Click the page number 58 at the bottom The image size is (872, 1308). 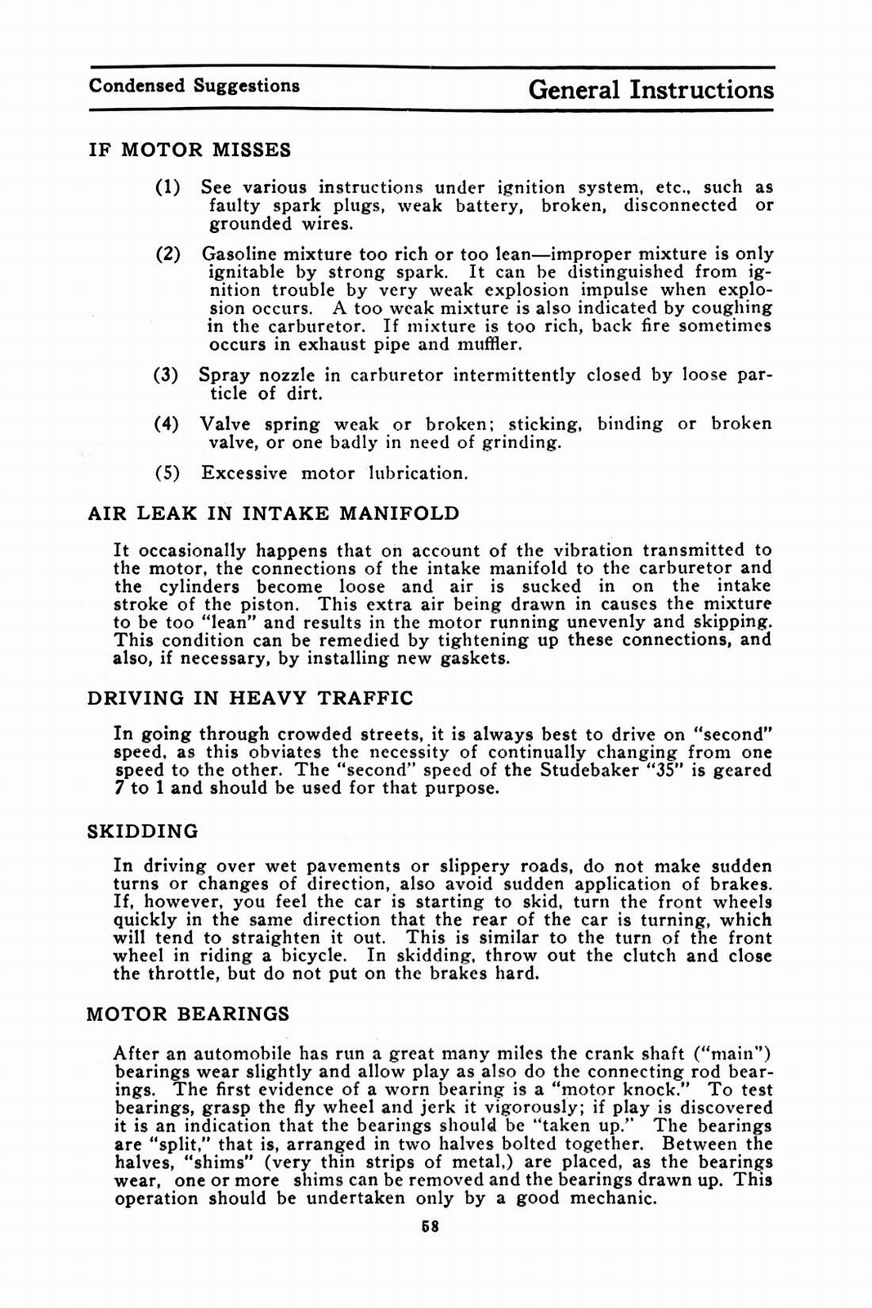[431, 1226]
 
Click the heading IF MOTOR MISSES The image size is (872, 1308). [190, 150]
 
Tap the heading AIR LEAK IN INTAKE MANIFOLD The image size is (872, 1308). [273, 513]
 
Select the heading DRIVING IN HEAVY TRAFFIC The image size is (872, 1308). [250, 698]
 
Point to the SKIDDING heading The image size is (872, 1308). [143, 831]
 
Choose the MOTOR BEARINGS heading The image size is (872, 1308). [188, 1015]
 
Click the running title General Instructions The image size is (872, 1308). [651, 89]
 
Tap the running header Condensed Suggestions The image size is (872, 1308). [195, 86]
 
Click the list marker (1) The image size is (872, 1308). [168, 187]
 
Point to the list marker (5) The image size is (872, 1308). [167, 473]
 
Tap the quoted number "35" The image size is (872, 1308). [659, 770]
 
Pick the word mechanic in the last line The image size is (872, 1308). [612, 1198]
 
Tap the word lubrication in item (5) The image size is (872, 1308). [418, 473]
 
